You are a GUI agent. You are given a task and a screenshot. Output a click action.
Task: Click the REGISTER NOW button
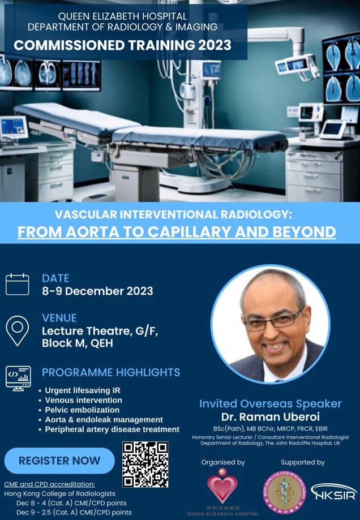pos(59,461)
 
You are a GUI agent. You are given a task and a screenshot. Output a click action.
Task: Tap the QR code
pos(145,465)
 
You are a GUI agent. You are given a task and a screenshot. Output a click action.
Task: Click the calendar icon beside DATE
pos(17,284)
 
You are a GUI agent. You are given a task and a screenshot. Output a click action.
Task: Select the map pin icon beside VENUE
pos(17,330)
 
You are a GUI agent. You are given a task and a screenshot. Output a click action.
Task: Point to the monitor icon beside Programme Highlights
pos(18,379)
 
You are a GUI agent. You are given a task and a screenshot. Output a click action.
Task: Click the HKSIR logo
pos(334,492)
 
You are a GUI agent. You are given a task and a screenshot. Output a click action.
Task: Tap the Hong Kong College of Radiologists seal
pos(285,492)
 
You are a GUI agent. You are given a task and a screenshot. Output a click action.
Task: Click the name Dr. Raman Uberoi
pos(271,416)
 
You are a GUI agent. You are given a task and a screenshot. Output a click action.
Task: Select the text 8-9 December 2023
pos(97,291)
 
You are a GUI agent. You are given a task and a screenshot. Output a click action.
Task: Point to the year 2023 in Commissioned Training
pos(215,45)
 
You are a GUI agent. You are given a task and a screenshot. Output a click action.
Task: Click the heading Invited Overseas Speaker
pos(271,403)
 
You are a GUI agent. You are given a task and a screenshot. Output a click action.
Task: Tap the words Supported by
pos(303,462)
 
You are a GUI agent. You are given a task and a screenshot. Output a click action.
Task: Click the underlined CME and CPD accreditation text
pos(49,484)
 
